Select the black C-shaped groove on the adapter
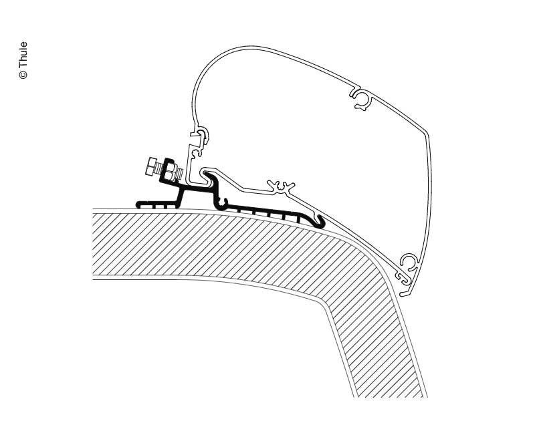pyautogui.click(x=221, y=201)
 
